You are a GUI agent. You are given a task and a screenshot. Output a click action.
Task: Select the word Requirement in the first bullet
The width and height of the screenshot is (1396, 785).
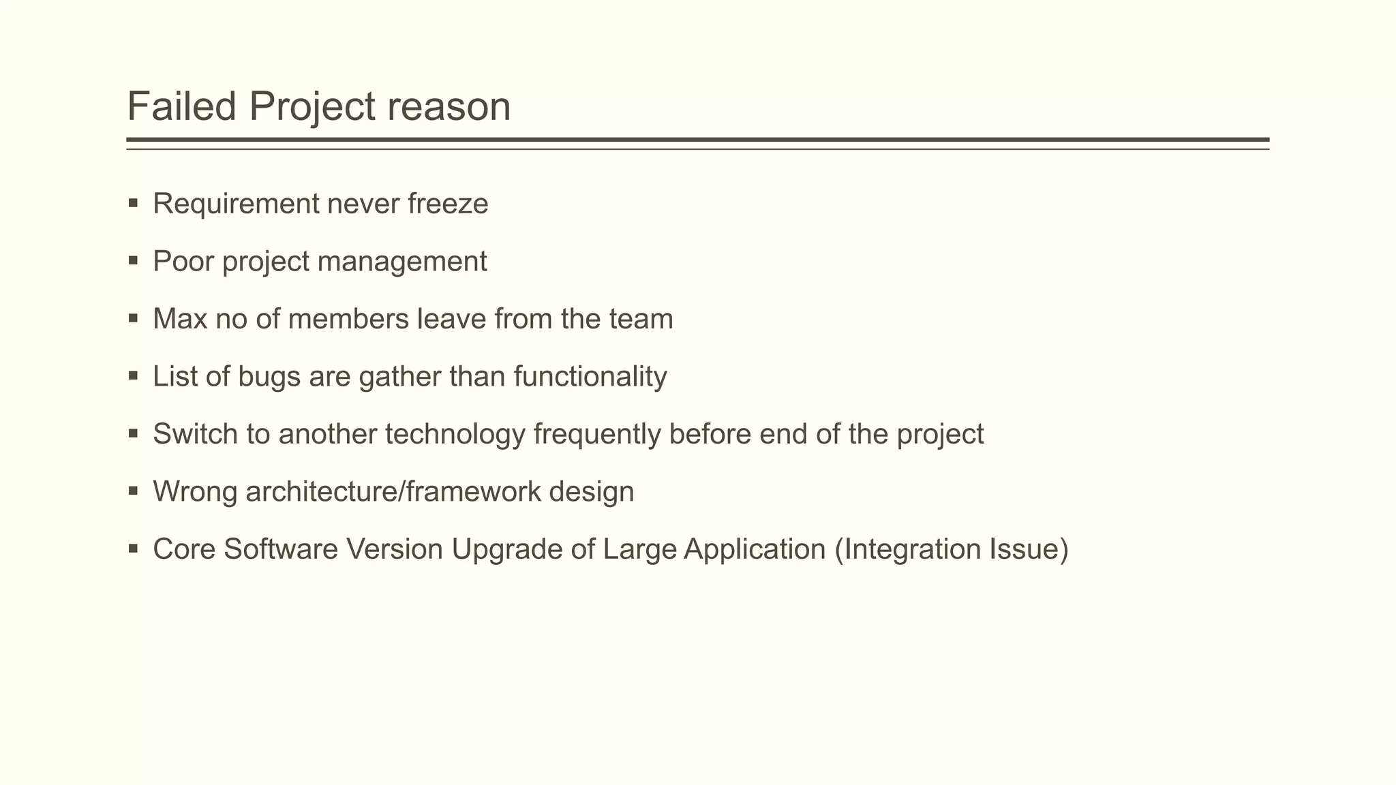pyautogui.click(x=236, y=204)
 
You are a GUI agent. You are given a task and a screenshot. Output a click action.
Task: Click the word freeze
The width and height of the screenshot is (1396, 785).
pyautogui.click(x=448, y=204)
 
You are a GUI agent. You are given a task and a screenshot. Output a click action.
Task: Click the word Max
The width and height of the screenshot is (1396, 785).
pyautogui.click(x=180, y=319)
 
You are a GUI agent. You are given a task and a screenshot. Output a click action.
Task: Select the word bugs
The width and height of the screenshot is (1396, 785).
pyautogui.click(x=269, y=377)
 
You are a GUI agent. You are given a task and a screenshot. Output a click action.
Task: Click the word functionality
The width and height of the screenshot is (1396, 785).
pyautogui.click(x=590, y=377)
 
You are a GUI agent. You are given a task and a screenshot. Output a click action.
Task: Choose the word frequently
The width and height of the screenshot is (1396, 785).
pyautogui.click(x=596, y=434)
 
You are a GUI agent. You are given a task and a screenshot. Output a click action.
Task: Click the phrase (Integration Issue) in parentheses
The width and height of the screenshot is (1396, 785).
pyautogui.click(x=951, y=549)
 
